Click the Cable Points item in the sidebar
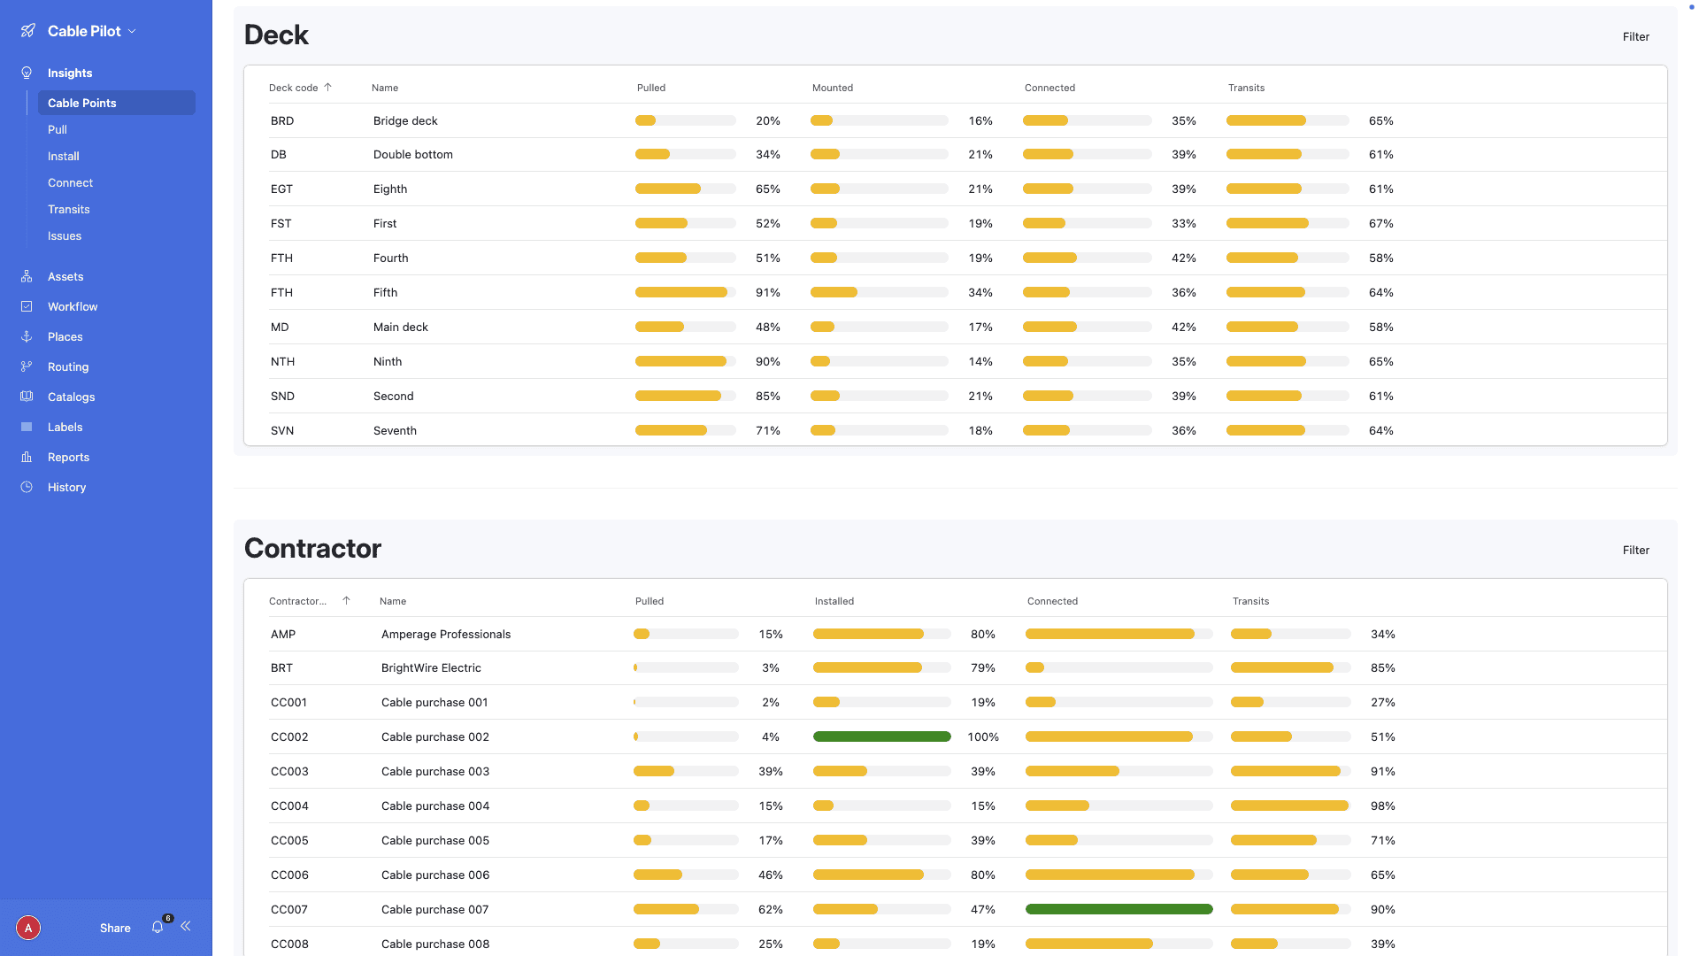pyautogui.click(x=82, y=103)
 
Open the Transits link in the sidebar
pyautogui.click(x=69, y=209)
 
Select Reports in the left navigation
pyautogui.click(x=68, y=457)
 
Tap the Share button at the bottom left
pyautogui.click(x=115, y=928)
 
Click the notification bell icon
pyautogui.click(x=158, y=927)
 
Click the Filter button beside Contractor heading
pyautogui.click(x=1635, y=550)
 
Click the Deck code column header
pyautogui.click(x=294, y=88)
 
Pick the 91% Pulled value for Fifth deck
pyautogui.click(x=767, y=292)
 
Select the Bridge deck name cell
pyautogui.click(x=405, y=120)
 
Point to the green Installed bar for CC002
pyautogui.click(x=881, y=736)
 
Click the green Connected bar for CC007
pyautogui.click(x=1119, y=909)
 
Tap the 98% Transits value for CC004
pyautogui.click(x=1382, y=806)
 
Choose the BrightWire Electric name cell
pyautogui.click(x=431, y=667)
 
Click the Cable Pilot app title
pyautogui.click(x=84, y=31)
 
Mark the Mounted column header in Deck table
pyautogui.click(x=832, y=88)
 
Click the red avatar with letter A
pyautogui.click(x=28, y=928)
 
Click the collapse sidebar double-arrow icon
pyautogui.click(x=186, y=926)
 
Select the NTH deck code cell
pyautogui.click(x=282, y=361)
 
